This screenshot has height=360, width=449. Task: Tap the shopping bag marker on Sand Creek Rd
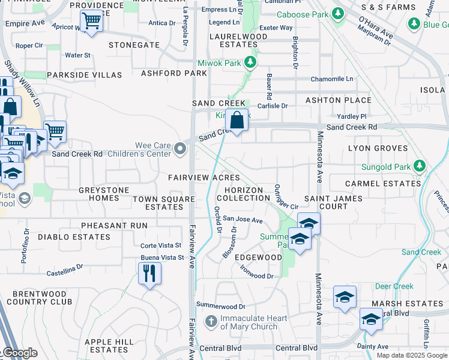pos(237,120)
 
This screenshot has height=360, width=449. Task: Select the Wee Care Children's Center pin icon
pos(180,149)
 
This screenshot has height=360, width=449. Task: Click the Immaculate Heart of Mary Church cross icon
pos(211,322)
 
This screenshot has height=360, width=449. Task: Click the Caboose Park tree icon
pos(338,13)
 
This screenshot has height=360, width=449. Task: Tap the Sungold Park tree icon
pos(420,166)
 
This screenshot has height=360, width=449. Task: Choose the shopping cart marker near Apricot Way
pos(91,22)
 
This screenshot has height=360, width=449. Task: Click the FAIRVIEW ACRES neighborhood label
pos(204,178)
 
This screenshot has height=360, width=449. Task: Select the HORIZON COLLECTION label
pos(244,194)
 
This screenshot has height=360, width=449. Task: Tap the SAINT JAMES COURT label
pos(333,202)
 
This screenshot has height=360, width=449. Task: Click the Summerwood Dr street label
pos(221,307)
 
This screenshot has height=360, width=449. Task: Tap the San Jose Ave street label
pos(243,220)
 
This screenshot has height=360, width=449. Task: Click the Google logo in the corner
pos(20,353)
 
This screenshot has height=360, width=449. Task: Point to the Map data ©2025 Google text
pos(411,355)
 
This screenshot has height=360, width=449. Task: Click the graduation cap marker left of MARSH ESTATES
pos(345,298)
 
